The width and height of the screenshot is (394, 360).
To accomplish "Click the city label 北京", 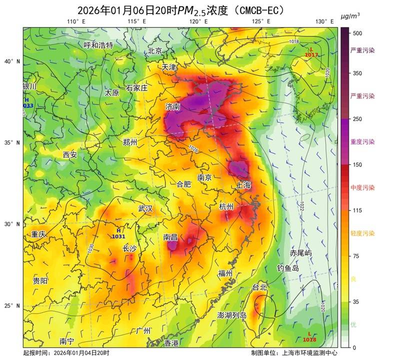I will pyautogui.click(x=155, y=51).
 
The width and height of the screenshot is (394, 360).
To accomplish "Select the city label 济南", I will pyautogui.click(x=173, y=106).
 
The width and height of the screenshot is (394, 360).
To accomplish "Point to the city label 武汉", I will pyautogui.click(x=145, y=208).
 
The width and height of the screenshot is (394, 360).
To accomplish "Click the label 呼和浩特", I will pyautogui.click(x=98, y=45).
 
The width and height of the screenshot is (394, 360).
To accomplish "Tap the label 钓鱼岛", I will pyautogui.click(x=288, y=268).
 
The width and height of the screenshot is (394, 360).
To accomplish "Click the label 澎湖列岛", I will pyautogui.click(x=232, y=315).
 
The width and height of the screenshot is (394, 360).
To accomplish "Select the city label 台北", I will pyautogui.click(x=259, y=287).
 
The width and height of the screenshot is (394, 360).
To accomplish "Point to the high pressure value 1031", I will pyautogui.click(x=118, y=236).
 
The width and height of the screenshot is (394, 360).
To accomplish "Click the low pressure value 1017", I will pyautogui.click(x=311, y=55).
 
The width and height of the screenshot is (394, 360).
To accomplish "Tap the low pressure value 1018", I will pyautogui.click(x=309, y=340).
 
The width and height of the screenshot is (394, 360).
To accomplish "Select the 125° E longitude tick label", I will pyautogui.click(x=261, y=21).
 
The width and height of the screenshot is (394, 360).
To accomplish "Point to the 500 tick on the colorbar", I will pyautogui.click(x=357, y=33).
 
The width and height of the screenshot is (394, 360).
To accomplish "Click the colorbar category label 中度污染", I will pyautogui.click(x=363, y=187).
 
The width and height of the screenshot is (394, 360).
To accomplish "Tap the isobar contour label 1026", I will pyautogui.click(x=193, y=148).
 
